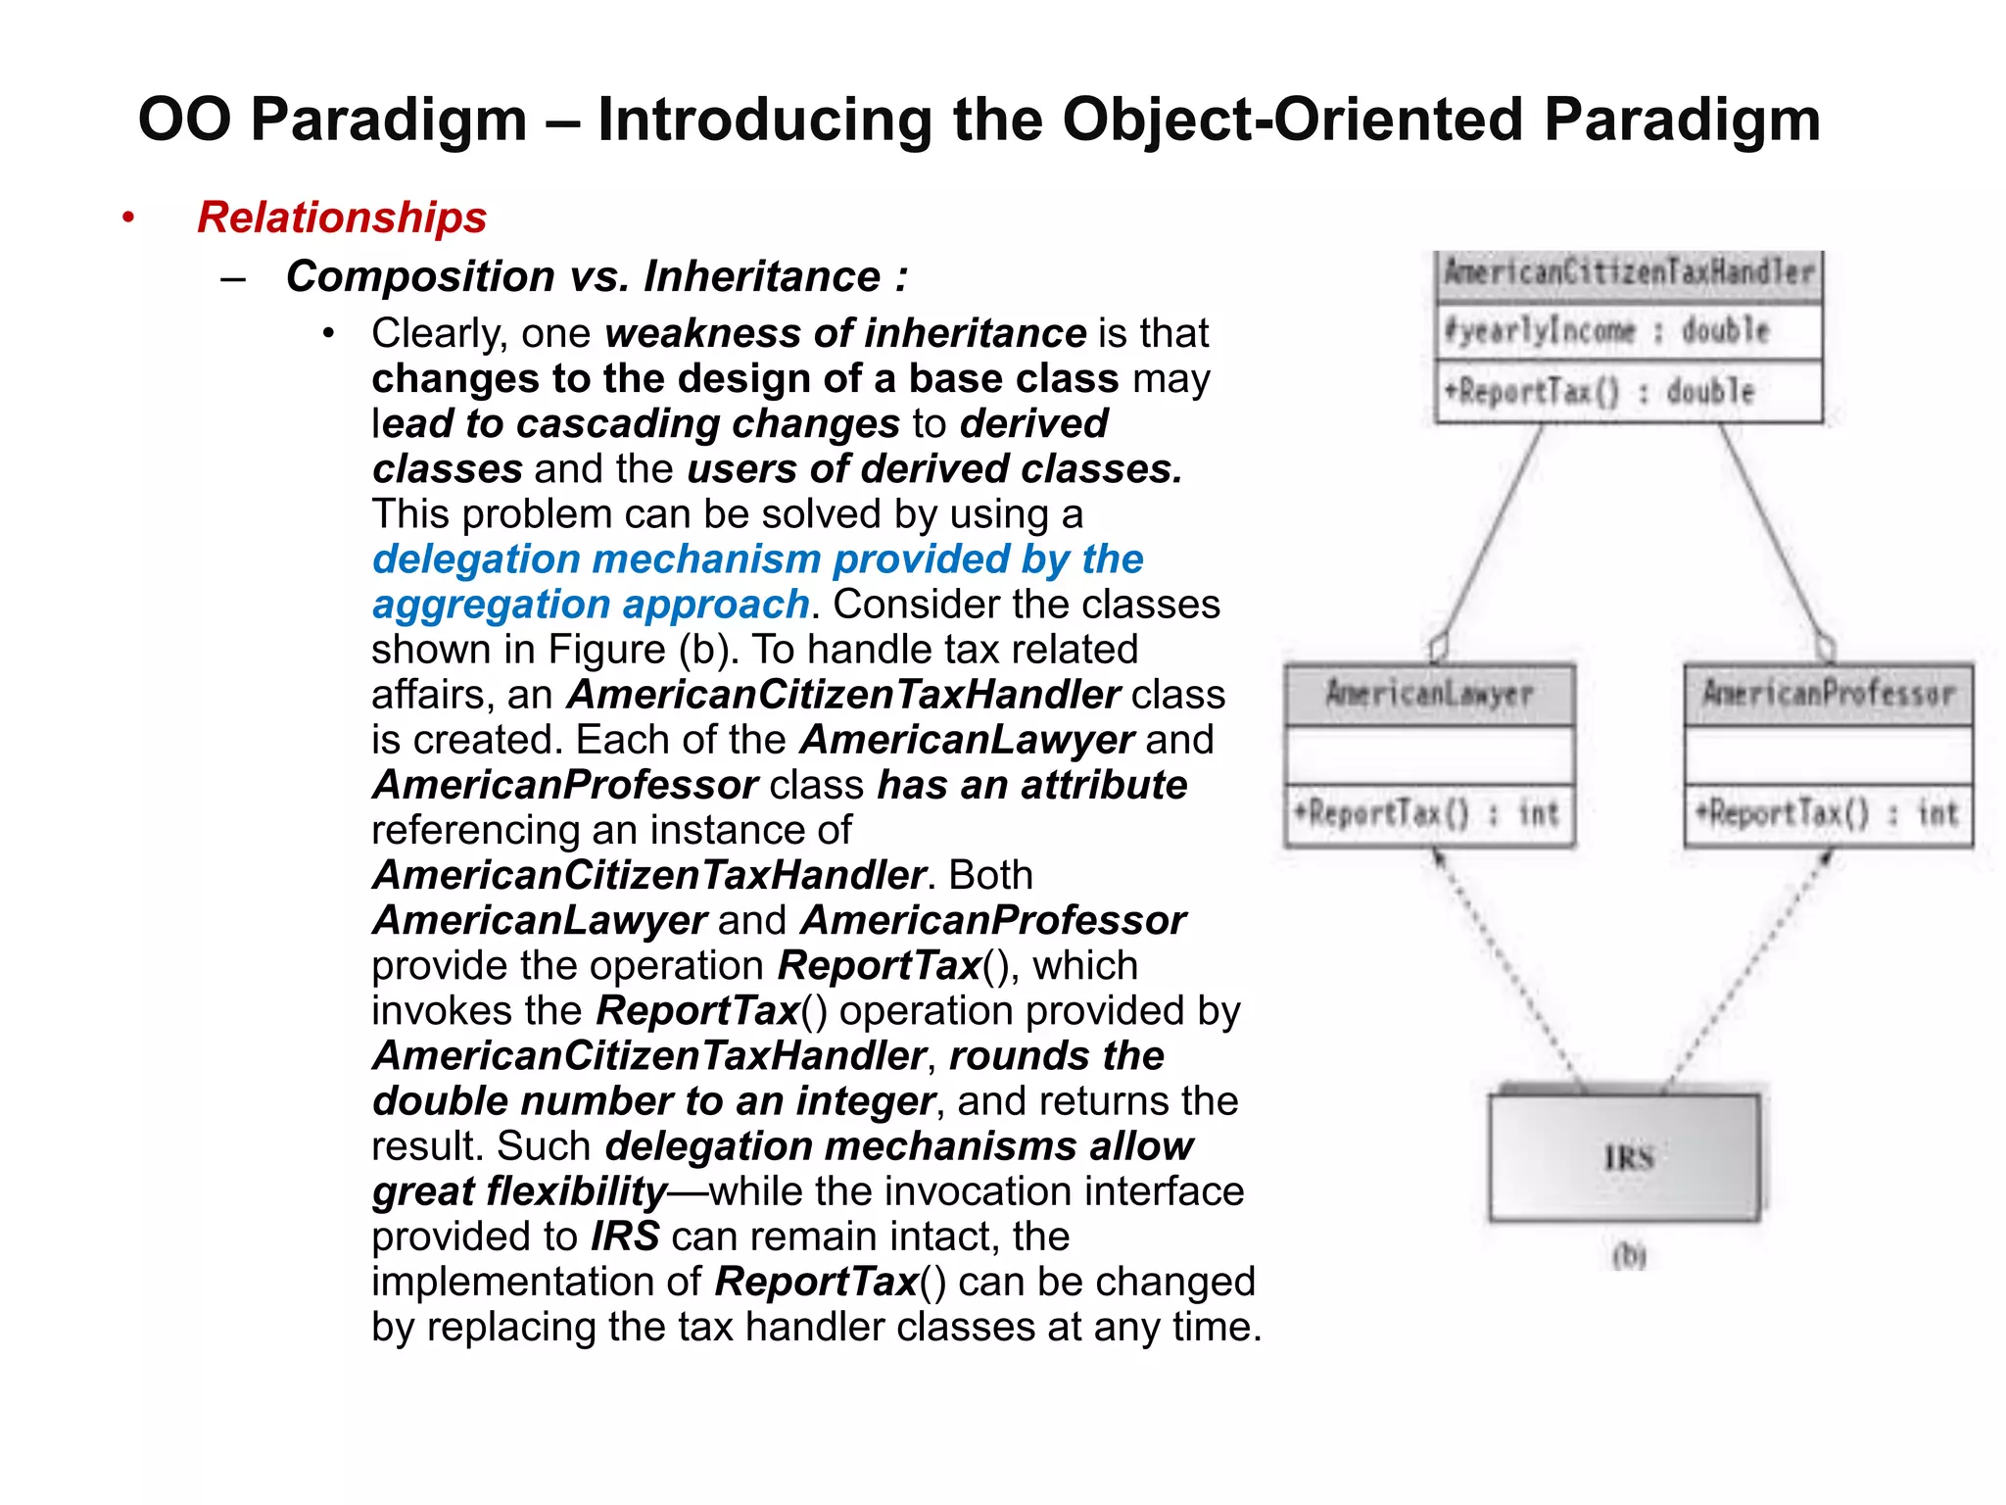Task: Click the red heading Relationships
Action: (342, 218)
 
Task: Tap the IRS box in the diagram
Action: (1626, 1158)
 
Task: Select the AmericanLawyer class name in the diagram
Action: (1429, 694)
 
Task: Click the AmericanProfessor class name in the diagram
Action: (1828, 694)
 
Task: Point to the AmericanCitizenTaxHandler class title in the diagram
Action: (1629, 272)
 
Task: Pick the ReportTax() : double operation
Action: (1600, 392)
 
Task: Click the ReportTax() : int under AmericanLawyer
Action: (1426, 813)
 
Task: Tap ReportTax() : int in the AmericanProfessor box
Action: (1828, 813)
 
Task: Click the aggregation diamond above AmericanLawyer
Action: (1438, 648)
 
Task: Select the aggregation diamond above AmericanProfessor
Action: (1825, 648)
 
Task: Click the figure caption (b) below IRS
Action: (1629, 1255)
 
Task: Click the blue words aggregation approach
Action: (591, 605)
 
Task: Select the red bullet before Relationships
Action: (128, 218)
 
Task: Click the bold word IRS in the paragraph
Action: (625, 1237)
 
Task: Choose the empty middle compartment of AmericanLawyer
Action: (1429, 754)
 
